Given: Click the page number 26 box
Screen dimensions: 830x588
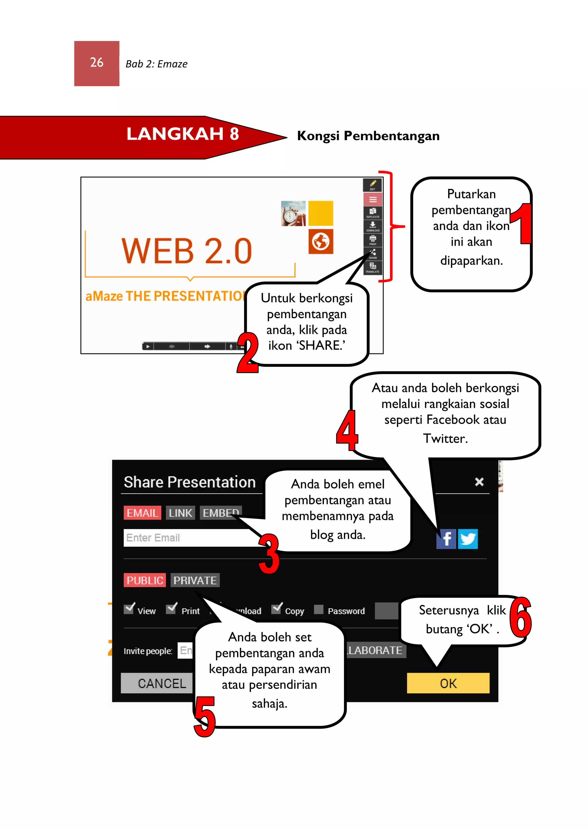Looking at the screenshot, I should click(x=97, y=63).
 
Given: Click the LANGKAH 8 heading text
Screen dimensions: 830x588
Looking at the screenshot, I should click(x=183, y=134).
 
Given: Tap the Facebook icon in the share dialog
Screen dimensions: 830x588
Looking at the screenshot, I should click(x=446, y=539).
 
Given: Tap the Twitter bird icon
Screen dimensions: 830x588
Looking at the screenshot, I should click(x=468, y=539).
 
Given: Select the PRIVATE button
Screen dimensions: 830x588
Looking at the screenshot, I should click(x=195, y=580).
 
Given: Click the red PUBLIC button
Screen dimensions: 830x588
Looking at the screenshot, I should click(x=144, y=580).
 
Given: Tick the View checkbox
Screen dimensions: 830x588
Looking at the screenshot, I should click(x=129, y=610).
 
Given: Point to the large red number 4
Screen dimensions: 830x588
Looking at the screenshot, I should click(x=347, y=431).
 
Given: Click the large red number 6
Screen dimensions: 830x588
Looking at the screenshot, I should click(x=521, y=618).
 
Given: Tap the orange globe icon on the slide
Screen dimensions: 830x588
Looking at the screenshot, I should click(x=321, y=241).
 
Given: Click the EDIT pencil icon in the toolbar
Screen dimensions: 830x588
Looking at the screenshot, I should click(x=373, y=185).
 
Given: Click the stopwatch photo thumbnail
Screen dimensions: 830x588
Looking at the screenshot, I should click(x=293, y=214).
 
